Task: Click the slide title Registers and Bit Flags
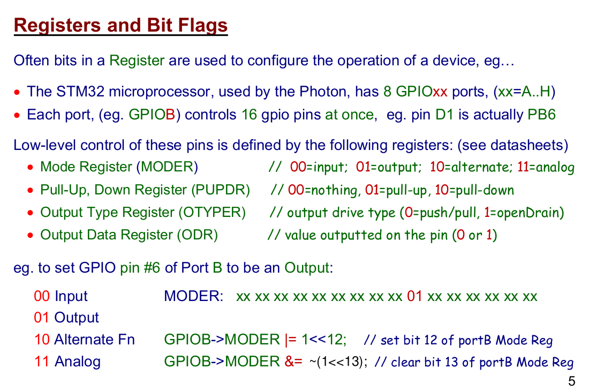(120, 25)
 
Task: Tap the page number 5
(571, 381)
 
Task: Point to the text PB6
(542, 115)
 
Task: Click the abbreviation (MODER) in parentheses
(167, 167)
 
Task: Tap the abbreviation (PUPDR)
(221, 190)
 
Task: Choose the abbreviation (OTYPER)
(212, 212)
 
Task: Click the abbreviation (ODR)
(198, 235)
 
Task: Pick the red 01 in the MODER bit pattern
(414, 296)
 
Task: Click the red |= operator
(291, 340)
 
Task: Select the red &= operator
(293, 362)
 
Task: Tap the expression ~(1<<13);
(338, 362)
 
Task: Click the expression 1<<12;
(324, 340)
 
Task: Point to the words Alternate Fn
(95, 339)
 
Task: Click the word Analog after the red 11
(78, 362)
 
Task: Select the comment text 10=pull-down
(474, 190)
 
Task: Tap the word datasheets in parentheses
(532, 145)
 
